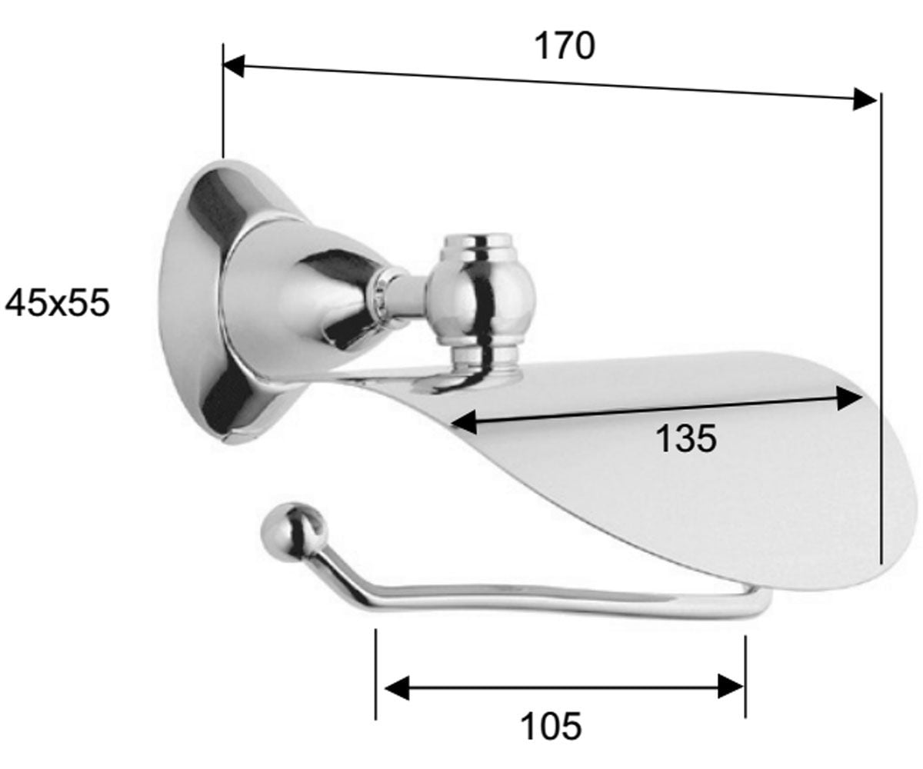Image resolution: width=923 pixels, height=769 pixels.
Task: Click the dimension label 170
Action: [565, 46]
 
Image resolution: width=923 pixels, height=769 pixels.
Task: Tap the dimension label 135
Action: [686, 438]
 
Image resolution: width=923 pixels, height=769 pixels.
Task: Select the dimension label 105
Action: [551, 725]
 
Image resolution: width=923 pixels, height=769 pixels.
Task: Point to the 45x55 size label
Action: [57, 303]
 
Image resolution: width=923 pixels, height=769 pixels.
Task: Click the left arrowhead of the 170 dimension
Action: [233, 66]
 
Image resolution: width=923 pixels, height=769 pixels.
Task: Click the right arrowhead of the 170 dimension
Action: [865, 99]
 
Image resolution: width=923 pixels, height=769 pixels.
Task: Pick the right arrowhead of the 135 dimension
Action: [850, 398]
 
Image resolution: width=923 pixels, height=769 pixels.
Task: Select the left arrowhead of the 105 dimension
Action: [397, 687]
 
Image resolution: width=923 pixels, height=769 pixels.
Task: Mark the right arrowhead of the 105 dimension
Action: [730, 687]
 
